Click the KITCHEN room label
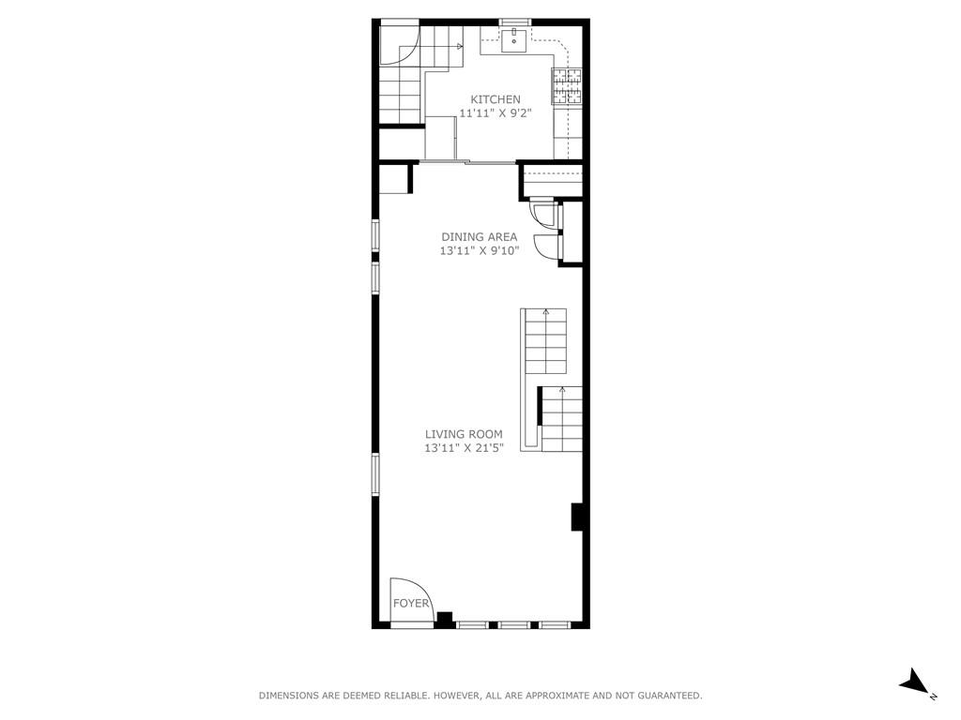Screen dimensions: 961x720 coord(496,99)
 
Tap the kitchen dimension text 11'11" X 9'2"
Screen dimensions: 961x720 coord(496,113)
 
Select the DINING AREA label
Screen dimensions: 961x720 coord(480,237)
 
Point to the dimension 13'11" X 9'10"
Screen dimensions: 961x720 coord(480,250)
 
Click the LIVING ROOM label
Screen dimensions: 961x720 coord(464,434)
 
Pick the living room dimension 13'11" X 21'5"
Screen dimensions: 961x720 coord(464,448)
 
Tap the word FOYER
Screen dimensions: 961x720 coord(411,604)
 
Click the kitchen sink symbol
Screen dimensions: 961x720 coord(514,40)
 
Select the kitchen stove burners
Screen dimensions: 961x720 coord(567,85)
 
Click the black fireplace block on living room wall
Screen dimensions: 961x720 coord(576,517)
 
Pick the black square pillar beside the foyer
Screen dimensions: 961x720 coord(444,620)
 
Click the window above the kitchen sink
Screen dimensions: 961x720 coord(514,22)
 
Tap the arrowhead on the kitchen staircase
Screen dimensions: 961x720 coord(460,46)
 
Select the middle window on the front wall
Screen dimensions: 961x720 coord(513,625)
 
